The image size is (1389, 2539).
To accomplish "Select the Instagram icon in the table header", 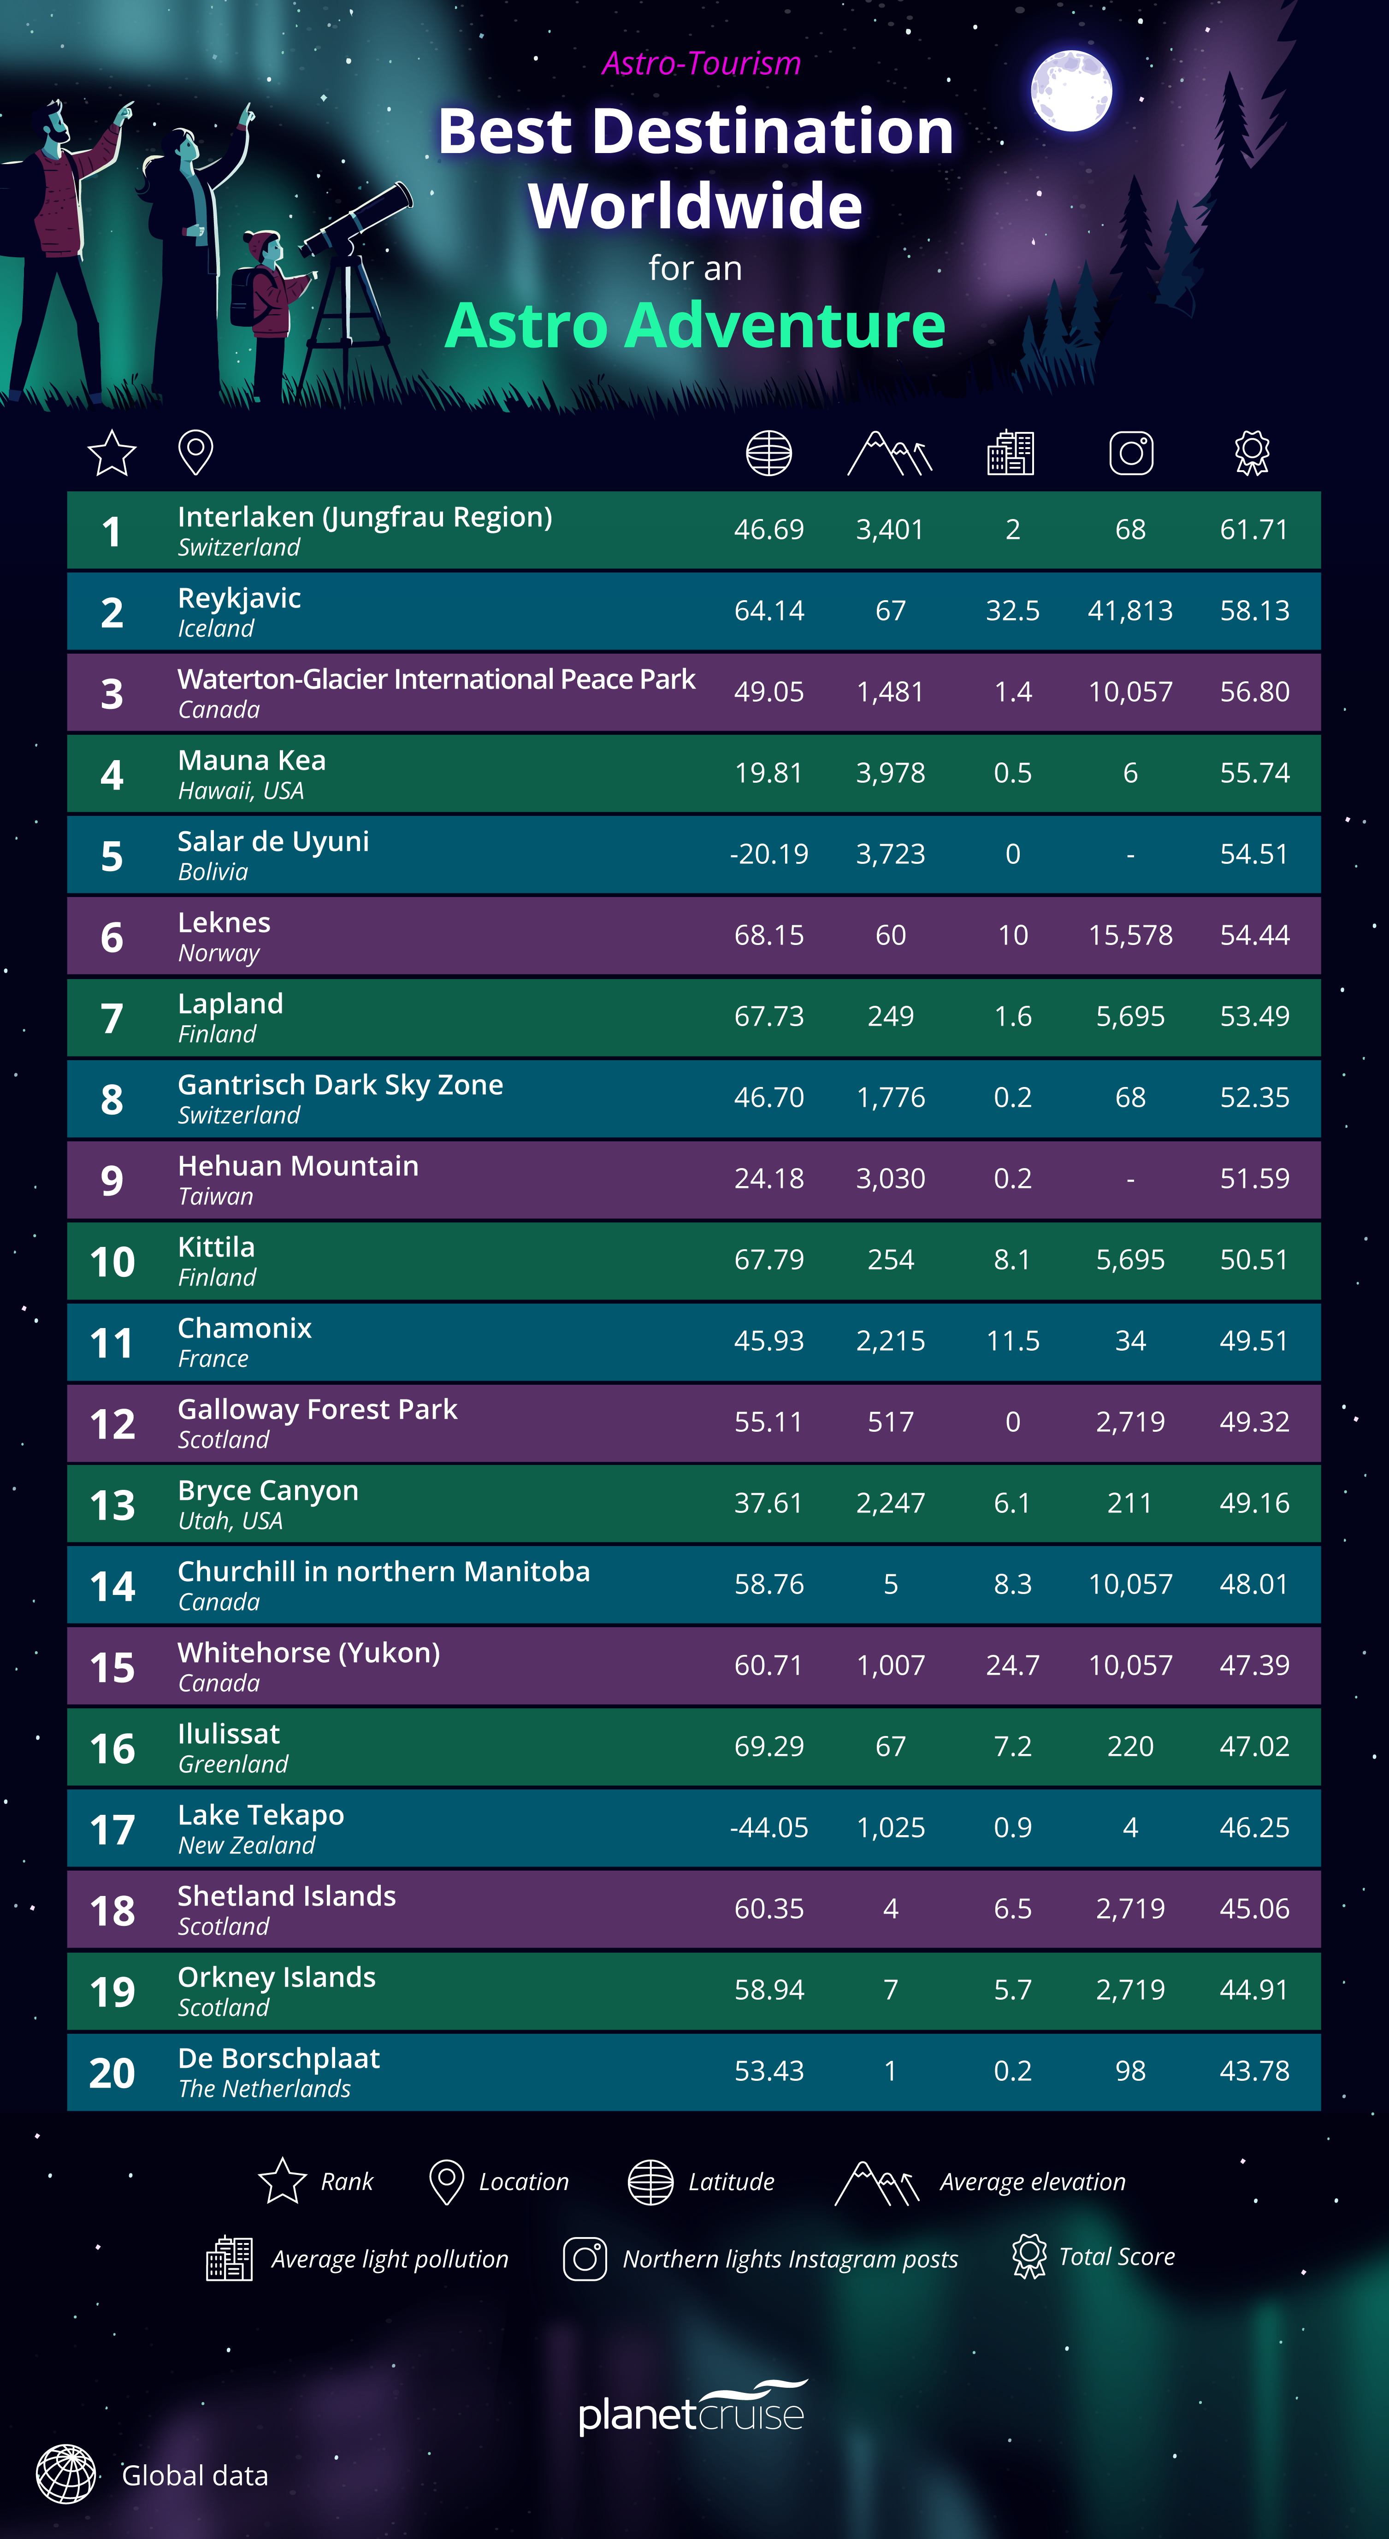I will click(1131, 454).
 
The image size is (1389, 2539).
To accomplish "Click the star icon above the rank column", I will click(112, 454).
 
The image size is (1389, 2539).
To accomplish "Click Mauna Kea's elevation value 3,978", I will click(890, 773).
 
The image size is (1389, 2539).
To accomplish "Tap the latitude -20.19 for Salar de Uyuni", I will click(769, 854).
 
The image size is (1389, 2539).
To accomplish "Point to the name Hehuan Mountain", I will click(298, 1166).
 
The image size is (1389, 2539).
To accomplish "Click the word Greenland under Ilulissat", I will click(233, 1764).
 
